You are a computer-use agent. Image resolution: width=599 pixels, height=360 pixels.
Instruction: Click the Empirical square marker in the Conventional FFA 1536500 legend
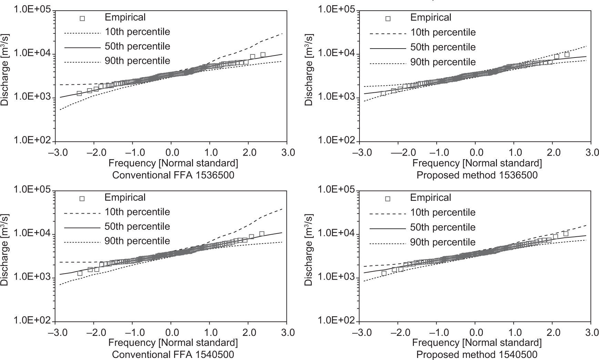[82, 18]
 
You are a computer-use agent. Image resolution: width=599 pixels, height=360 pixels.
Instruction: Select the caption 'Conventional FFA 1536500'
[173, 175]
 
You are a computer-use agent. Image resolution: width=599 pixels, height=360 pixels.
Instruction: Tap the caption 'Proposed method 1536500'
[477, 175]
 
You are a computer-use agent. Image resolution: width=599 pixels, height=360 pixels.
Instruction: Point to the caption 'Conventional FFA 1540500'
[173, 354]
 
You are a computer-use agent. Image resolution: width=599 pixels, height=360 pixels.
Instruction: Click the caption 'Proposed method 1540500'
[477, 354]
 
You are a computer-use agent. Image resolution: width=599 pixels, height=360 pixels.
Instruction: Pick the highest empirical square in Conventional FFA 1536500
[263, 55]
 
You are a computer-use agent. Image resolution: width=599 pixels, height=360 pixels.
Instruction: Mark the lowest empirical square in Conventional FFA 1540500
[80, 273]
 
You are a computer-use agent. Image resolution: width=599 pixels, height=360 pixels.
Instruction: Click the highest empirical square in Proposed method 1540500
[566, 234]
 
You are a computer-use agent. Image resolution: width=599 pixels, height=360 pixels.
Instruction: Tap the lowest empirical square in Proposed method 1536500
[383, 93]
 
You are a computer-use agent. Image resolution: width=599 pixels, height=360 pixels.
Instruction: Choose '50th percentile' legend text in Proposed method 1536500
[443, 47]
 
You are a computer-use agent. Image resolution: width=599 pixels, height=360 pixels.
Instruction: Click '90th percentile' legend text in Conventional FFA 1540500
[137, 241]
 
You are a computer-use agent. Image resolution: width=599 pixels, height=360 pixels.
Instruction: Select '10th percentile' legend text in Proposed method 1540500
[443, 213]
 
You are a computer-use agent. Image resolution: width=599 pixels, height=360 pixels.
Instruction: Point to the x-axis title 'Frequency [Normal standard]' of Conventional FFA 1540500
[173, 343]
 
